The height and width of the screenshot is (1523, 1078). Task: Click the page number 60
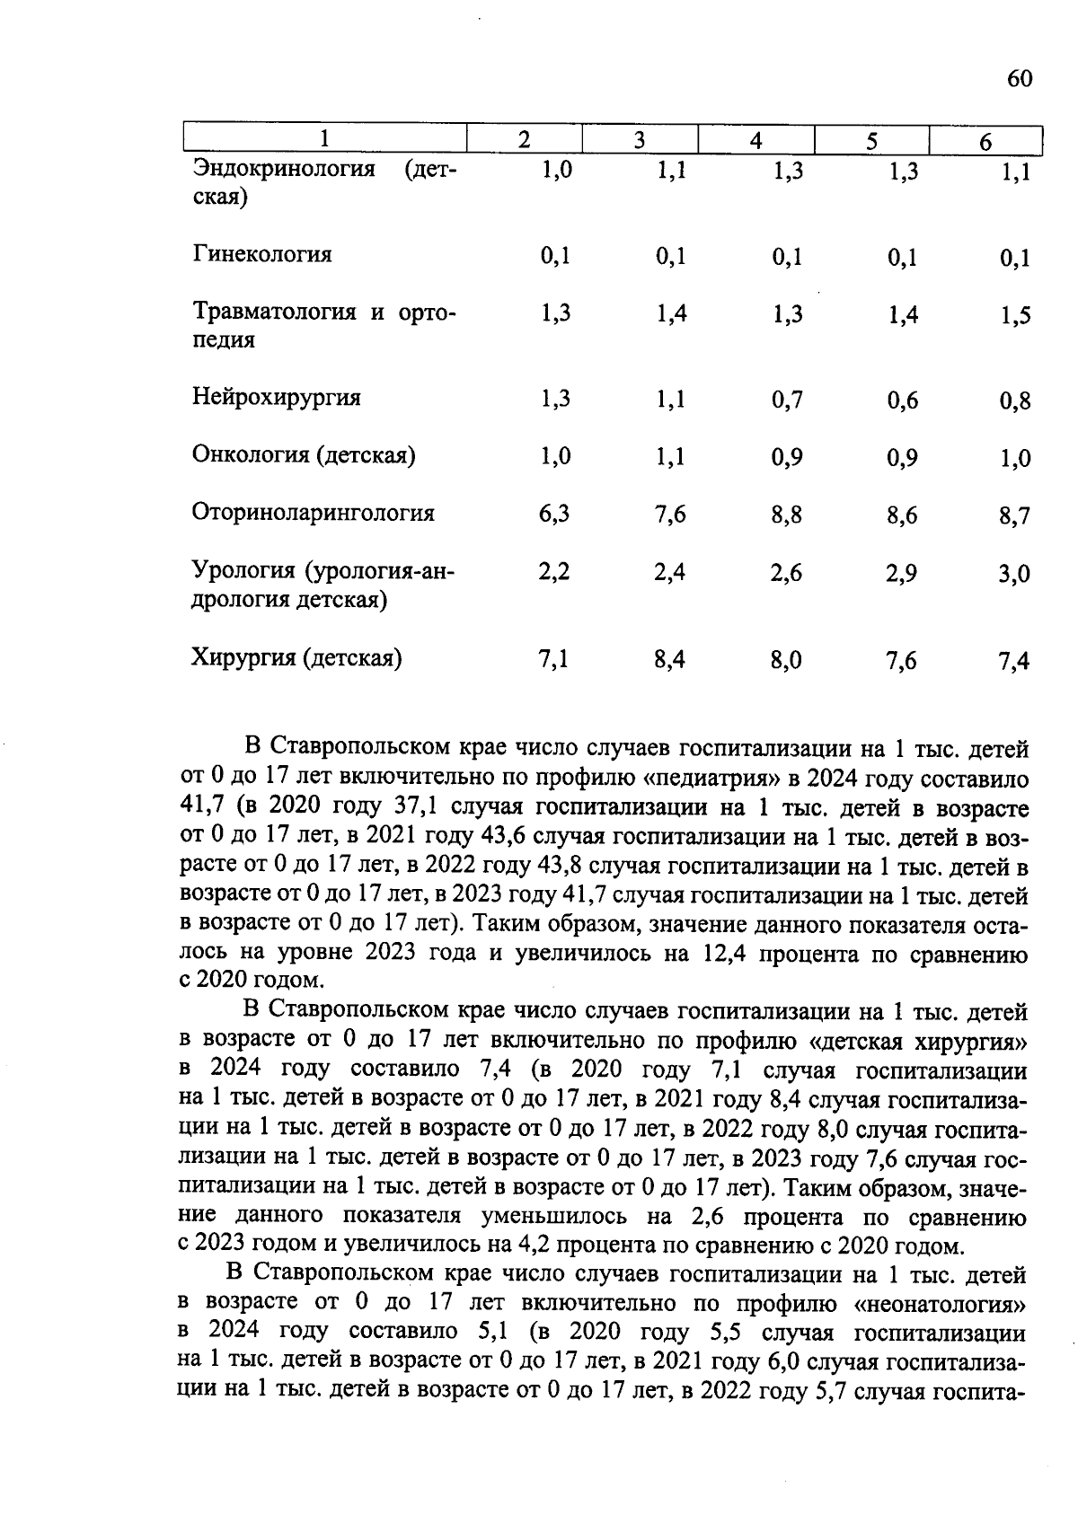tap(1019, 79)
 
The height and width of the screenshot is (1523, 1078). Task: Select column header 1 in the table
tap(324, 140)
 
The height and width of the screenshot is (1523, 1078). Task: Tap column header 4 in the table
tap(756, 141)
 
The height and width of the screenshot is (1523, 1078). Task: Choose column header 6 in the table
tap(985, 142)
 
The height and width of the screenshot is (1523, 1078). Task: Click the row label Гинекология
tap(262, 255)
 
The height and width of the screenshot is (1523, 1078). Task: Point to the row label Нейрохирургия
tap(277, 398)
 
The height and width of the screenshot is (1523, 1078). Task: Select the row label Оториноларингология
tap(314, 513)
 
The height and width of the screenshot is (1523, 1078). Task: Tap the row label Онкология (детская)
tap(304, 455)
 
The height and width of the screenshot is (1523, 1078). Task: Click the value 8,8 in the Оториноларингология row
tap(786, 515)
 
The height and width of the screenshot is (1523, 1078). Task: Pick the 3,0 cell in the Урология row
tap(1014, 574)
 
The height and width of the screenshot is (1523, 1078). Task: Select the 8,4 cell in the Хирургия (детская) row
tap(670, 661)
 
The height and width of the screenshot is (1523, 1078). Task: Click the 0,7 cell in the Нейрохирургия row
tap(786, 401)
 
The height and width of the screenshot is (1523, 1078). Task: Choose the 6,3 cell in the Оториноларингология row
tap(554, 514)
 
